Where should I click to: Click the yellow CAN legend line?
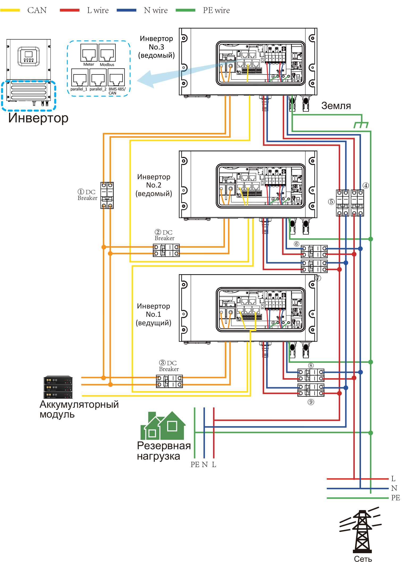point(10,10)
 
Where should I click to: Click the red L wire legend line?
point(70,10)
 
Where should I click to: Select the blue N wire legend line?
point(126,10)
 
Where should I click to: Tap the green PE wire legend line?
point(185,10)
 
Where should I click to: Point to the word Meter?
point(88,64)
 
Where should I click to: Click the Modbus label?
point(107,65)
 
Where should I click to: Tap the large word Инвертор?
point(38,118)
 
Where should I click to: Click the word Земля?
point(336,106)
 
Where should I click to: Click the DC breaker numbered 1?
point(107,195)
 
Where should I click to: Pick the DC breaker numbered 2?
point(166,250)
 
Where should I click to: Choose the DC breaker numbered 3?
point(170,381)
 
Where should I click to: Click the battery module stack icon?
point(58,387)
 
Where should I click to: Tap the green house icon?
point(163,425)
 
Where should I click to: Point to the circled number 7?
point(318,278)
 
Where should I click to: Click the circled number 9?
point(311,402)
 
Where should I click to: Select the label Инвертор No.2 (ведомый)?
point(154,185)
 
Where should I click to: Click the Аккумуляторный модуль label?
point(79,409)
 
